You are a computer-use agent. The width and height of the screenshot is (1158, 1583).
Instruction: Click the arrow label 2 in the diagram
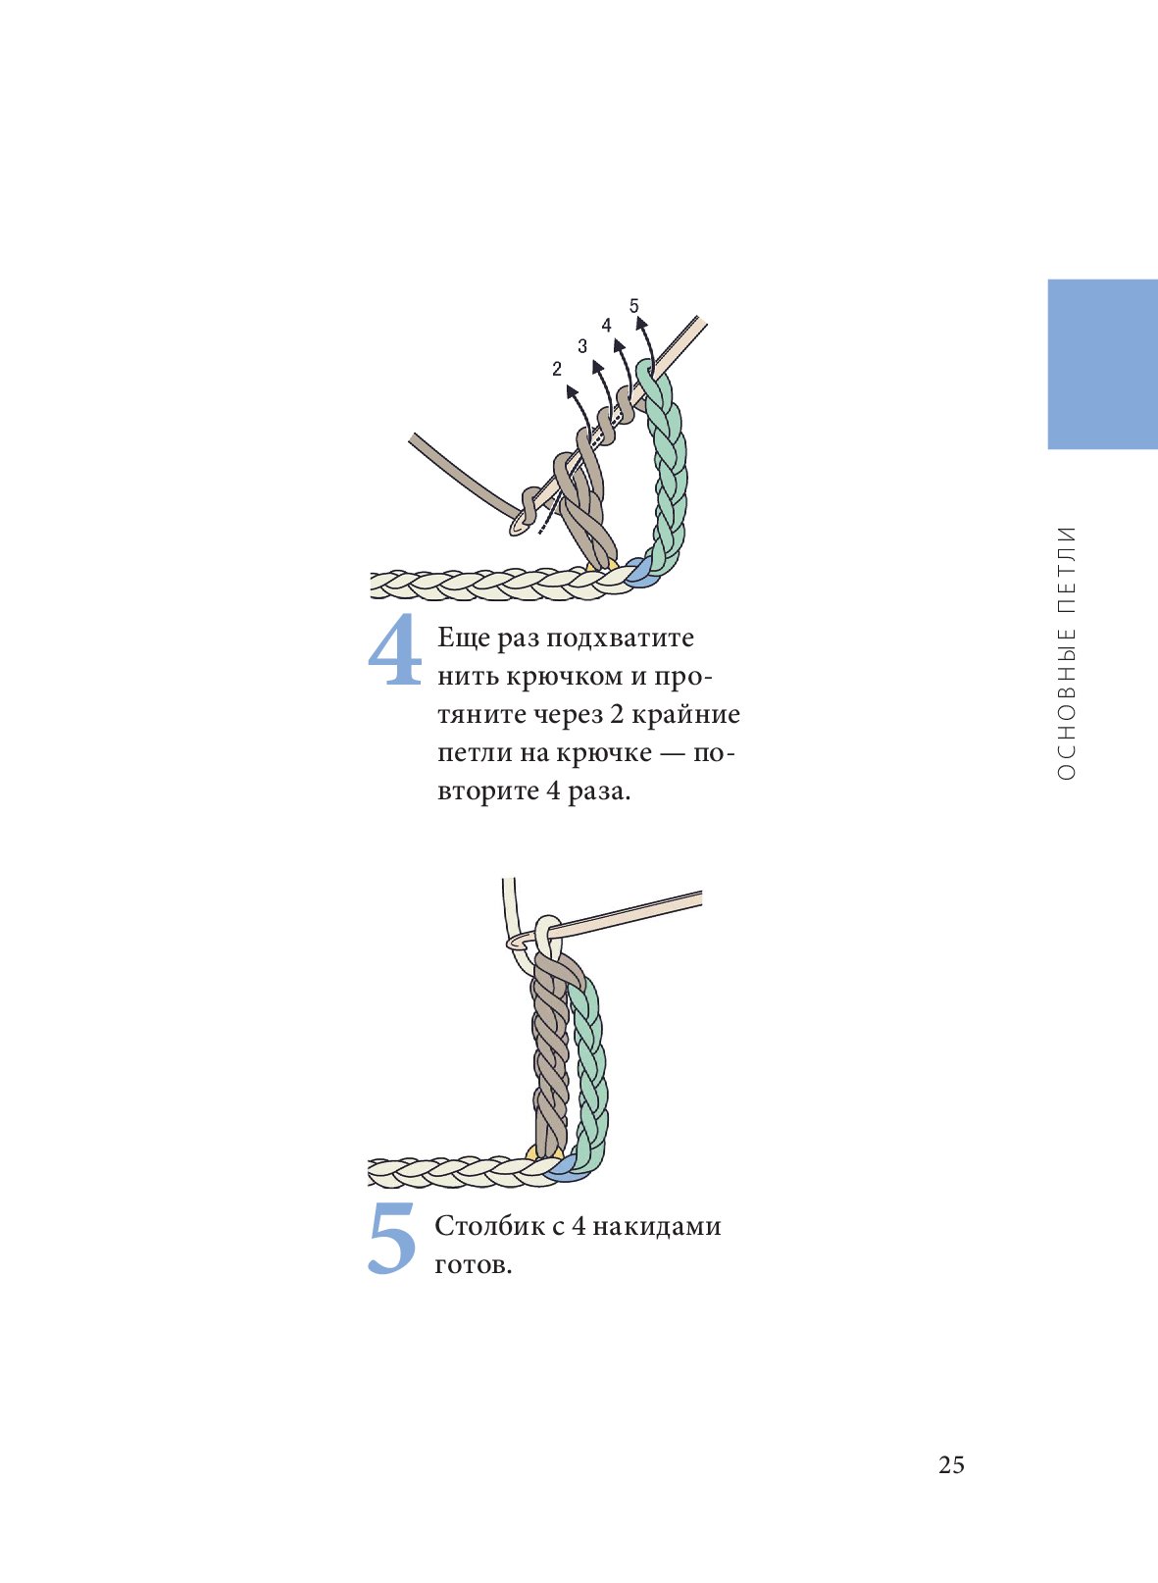[x=557, y=369]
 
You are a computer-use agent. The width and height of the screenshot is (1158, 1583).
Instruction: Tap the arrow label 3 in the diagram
[x=582, y=346]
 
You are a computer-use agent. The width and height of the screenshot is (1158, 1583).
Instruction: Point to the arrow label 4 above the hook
[x=606, y=325]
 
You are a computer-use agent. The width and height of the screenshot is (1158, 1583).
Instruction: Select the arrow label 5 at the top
[x=633, y=306]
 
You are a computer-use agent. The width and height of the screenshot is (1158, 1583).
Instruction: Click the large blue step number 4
[x=395, y=649]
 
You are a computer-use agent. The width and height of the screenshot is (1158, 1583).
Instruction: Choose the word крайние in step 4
[x=685, y=715]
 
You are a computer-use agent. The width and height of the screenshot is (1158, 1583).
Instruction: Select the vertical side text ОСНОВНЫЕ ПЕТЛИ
[x=1066, y=653]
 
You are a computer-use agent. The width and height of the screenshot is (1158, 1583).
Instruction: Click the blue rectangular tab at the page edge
[x=1102, y=364]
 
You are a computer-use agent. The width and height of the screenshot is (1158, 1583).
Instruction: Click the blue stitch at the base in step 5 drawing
[x=565, y=1173]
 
